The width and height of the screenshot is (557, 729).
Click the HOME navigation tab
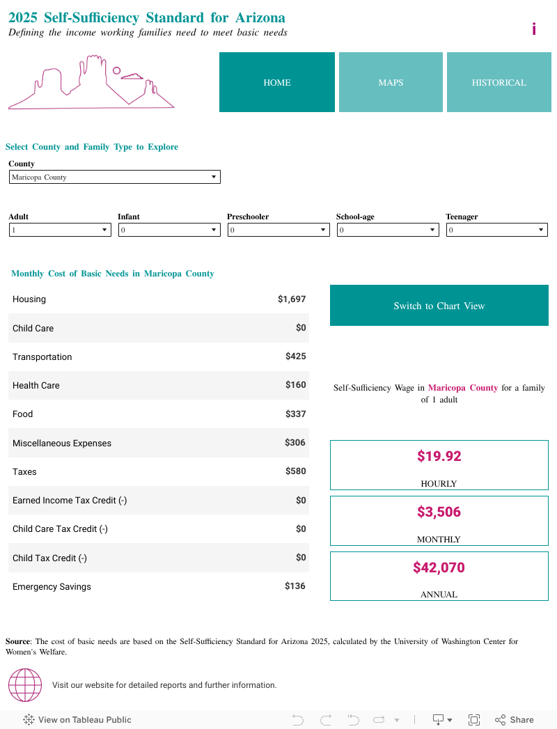(x=276, y=82)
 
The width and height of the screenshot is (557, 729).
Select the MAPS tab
(x=391, y=82)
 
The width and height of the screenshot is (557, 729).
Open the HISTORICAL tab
(x=499, y=82)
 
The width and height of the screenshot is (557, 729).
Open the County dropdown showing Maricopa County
(x=114, y=177)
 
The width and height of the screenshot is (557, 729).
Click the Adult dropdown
(x=60, y=230)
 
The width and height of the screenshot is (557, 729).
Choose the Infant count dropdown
(x=169, y=230)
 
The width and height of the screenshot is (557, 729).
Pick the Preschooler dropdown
(x=278, y=230)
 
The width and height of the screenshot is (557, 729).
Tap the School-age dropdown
(x=388, y=230)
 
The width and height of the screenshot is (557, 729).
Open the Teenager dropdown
(x=496, y=230)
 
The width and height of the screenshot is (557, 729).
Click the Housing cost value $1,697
(x=292, y=299)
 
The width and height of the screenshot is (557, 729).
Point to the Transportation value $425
(x=295, y=356)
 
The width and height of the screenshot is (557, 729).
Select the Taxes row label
(x=24, y=471)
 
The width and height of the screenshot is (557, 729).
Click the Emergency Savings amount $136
(x=295, y=586)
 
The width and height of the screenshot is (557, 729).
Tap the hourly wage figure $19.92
(x=439, y=456)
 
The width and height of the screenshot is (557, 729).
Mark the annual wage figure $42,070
(x=439, y=567)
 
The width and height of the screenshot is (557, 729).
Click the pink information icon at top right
(x=534, y=29)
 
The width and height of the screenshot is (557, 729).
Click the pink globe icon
(x=25, y=685)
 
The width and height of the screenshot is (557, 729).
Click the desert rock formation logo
(x=91, y=84)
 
